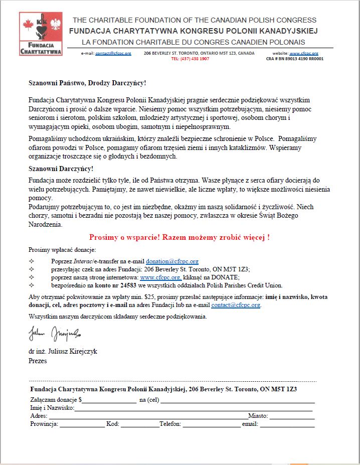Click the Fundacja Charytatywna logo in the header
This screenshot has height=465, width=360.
click(41, 34)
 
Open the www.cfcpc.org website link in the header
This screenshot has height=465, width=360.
click(303, 53)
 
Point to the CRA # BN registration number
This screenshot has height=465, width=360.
click(295, 59)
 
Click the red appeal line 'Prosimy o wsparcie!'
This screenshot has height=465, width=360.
click(179, 237)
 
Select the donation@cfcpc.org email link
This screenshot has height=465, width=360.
click(172, 261)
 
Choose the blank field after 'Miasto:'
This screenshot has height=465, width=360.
click(292, 416)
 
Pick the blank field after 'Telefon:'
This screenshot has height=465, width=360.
click(211, 425)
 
